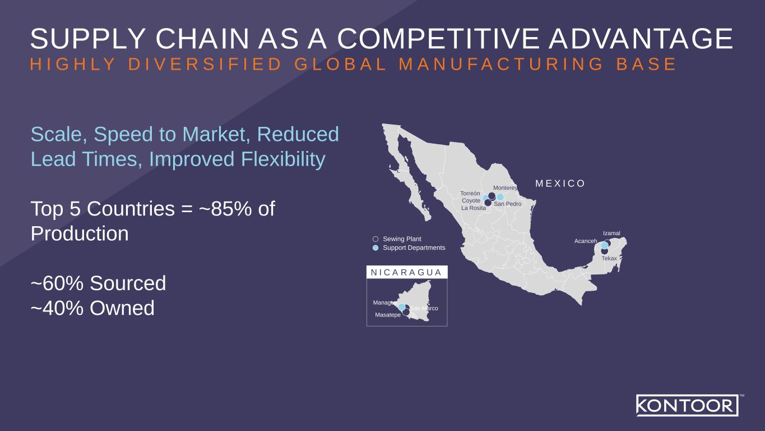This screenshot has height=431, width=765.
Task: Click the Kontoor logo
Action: pyautogui.click(x=687, y=405)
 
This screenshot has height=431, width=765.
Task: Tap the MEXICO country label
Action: pyautogui.click(x=560, y=184)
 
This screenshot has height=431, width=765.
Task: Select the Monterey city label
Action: pyautogui.click(x=505, y=188)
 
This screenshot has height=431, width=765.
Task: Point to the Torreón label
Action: pyautogui.click(x=471, y=192)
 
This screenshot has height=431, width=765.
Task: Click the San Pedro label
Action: pyautogui.click(x=508, y=204)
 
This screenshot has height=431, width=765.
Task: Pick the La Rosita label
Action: pyautogui.click(x=474, y=208)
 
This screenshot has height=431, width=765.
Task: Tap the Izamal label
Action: pyautogui.click(x=611, y=233)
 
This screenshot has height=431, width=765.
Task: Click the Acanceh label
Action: pyautogui.click(x=586, y=241)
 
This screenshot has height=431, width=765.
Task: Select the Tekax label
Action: pyautogui.click(x=609, y=258)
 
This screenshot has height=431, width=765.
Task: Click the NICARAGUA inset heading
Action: pyautogui.click(x=407, y=273)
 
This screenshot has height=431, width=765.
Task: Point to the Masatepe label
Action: pyautogui.click(x=388, y=315)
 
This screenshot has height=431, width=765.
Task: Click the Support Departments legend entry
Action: pyautogui.click(x=414, y=247)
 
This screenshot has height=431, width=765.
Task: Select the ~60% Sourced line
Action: pyautogui.click(x=99, y=283)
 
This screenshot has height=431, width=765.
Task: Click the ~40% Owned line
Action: pyautogui.click(x=92, y=308)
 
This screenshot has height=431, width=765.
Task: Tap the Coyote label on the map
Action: pyautogui.click(x=471, y=200)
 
